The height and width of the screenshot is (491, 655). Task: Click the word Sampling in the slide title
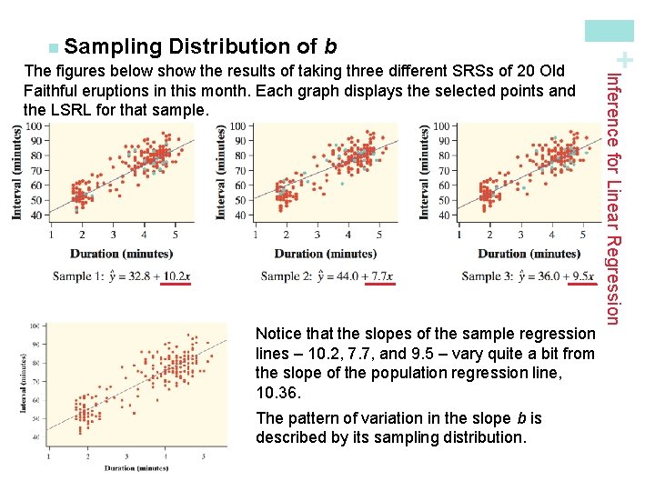tap(114, 46)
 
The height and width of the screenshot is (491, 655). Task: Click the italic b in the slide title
tap(330, 46)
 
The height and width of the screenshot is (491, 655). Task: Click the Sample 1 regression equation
tap(122, 276)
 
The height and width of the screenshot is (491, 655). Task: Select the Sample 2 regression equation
tap(327, 276)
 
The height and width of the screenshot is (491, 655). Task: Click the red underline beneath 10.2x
tap(176, 285)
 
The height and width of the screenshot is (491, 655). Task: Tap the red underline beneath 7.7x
tap(379, 285)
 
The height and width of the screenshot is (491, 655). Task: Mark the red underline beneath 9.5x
tap(579, 285)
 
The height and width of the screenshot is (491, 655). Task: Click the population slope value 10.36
tap(276, 394)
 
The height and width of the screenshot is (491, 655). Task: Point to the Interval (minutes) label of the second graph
tap(222, 170)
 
